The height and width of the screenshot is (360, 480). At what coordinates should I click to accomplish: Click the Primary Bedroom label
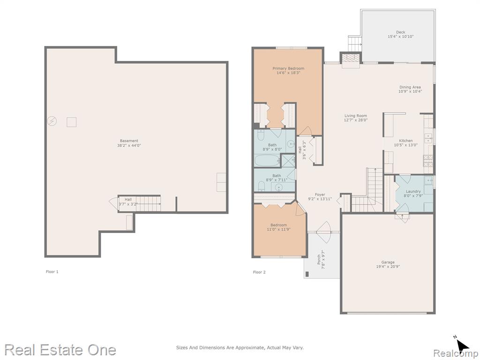288,68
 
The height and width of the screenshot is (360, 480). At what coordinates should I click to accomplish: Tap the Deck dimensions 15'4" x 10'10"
400,37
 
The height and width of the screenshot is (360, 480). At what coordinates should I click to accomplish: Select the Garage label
388,262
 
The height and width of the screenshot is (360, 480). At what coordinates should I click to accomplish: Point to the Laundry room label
413,191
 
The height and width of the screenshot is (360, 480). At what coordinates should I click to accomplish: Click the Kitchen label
405,141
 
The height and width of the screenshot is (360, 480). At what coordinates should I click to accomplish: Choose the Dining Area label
410,87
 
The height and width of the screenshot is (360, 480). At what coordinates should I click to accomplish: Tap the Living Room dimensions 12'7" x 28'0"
355,120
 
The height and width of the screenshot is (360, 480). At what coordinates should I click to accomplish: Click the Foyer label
320,195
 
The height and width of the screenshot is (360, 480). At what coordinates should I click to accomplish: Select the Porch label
319,259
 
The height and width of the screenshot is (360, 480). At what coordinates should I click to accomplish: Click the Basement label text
129,141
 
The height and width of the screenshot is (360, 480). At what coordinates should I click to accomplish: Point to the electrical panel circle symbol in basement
52,121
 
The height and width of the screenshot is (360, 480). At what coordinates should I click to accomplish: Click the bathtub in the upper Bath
267,160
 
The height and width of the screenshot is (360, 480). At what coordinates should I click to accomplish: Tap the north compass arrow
463,346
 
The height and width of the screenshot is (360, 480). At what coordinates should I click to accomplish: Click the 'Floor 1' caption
52,271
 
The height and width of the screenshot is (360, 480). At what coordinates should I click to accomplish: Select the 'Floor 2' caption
259,272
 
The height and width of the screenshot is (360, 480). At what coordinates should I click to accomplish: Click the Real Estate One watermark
60,350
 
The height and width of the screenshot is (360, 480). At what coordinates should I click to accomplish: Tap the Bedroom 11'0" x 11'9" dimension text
278,229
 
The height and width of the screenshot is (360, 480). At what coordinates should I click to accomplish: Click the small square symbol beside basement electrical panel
72,122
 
